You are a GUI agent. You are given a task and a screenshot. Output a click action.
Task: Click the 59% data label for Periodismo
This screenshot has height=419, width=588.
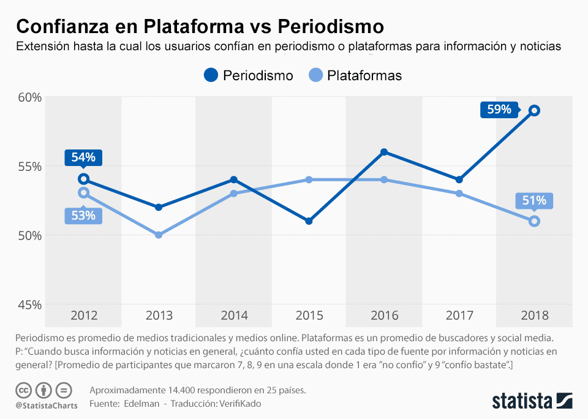[499, 110]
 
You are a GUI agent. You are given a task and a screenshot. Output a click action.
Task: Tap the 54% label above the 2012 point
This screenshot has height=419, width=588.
[83, 157]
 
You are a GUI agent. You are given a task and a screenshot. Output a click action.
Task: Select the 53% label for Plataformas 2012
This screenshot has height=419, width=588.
[83, 216]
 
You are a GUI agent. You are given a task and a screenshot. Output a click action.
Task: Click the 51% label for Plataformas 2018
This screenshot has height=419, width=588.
[534, 201]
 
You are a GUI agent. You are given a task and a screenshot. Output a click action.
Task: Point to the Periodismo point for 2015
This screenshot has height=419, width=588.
[309, 221]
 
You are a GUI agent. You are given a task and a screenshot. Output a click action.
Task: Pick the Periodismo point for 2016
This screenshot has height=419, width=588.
[384, 152]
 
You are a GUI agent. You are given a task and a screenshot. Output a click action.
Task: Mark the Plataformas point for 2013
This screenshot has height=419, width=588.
[159, 235]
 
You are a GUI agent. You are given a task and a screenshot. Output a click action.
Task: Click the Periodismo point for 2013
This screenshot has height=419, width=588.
[159, 207]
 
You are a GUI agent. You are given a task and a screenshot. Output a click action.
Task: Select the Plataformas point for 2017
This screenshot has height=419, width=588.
[459, 194]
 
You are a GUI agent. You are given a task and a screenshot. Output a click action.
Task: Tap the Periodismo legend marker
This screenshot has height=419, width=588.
[211, 75]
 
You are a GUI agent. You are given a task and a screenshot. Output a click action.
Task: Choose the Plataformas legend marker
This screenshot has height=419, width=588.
[315, 75]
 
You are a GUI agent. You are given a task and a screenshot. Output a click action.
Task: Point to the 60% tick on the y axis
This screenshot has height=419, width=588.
[28, 97]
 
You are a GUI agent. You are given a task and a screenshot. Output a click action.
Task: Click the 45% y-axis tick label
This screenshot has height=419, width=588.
[28, 304]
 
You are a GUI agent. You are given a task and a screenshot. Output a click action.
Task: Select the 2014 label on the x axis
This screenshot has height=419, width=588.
[234, 316]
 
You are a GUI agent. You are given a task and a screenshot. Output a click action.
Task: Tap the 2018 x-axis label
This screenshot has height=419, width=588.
[535, 316]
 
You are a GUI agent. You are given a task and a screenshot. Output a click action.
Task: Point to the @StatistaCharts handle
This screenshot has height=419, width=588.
[47, 405]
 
